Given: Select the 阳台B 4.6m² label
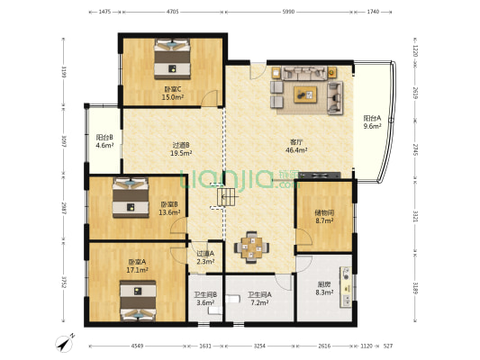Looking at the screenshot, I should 104,140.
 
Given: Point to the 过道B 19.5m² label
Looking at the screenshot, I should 180,148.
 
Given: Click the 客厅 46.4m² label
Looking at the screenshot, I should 295,146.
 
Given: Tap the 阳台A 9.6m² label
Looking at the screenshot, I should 372,122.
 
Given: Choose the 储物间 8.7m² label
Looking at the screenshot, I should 324,217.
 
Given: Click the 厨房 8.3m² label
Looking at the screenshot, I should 325,289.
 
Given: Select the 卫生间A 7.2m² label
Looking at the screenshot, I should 259,298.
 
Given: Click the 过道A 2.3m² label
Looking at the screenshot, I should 205,257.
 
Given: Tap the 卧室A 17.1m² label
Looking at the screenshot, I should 137,266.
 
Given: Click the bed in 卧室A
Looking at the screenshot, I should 136,300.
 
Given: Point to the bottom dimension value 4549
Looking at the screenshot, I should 136,346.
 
